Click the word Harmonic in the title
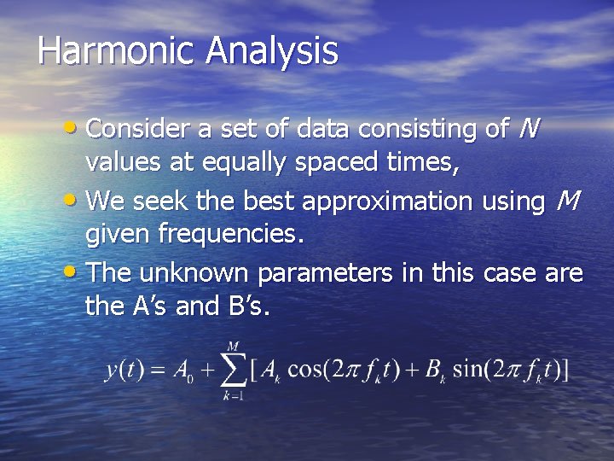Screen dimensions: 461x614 115,50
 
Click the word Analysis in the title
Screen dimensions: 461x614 271,50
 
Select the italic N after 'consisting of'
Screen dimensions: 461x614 529,129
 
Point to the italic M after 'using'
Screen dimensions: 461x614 567,201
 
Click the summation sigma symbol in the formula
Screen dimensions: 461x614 231,371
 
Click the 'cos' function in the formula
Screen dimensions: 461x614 304,371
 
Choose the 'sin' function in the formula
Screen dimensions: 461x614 468,371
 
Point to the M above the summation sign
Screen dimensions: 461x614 231,346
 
